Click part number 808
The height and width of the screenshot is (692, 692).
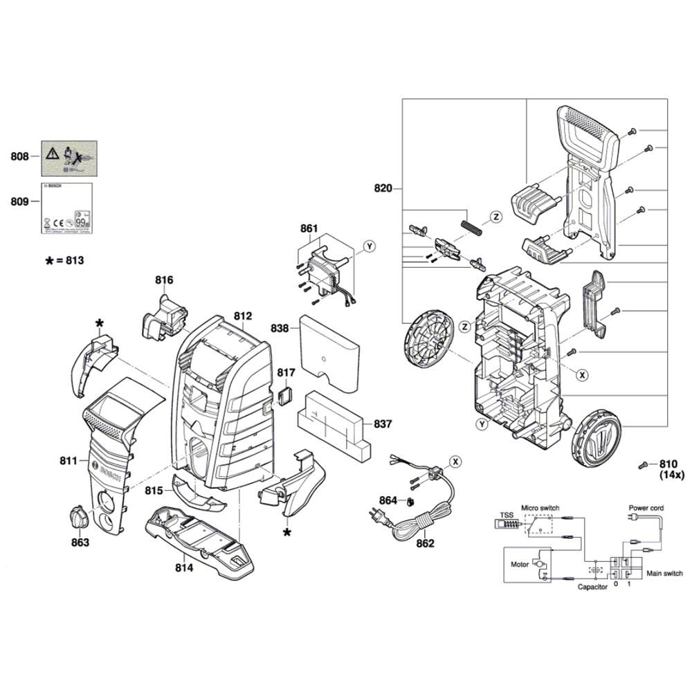point(19,156)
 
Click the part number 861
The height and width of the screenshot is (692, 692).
point(309,228)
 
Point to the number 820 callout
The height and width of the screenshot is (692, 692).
point(383,188)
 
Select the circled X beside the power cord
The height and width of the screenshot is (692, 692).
point(455,461)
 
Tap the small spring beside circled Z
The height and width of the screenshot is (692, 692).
point(470,226)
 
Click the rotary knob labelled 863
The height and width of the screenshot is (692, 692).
point(78,518)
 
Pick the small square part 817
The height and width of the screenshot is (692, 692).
point(284,394)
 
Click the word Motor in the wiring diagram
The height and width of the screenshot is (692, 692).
point(519,565)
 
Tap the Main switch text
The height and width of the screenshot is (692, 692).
point(664,573)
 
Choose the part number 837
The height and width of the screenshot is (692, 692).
point(382,424)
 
